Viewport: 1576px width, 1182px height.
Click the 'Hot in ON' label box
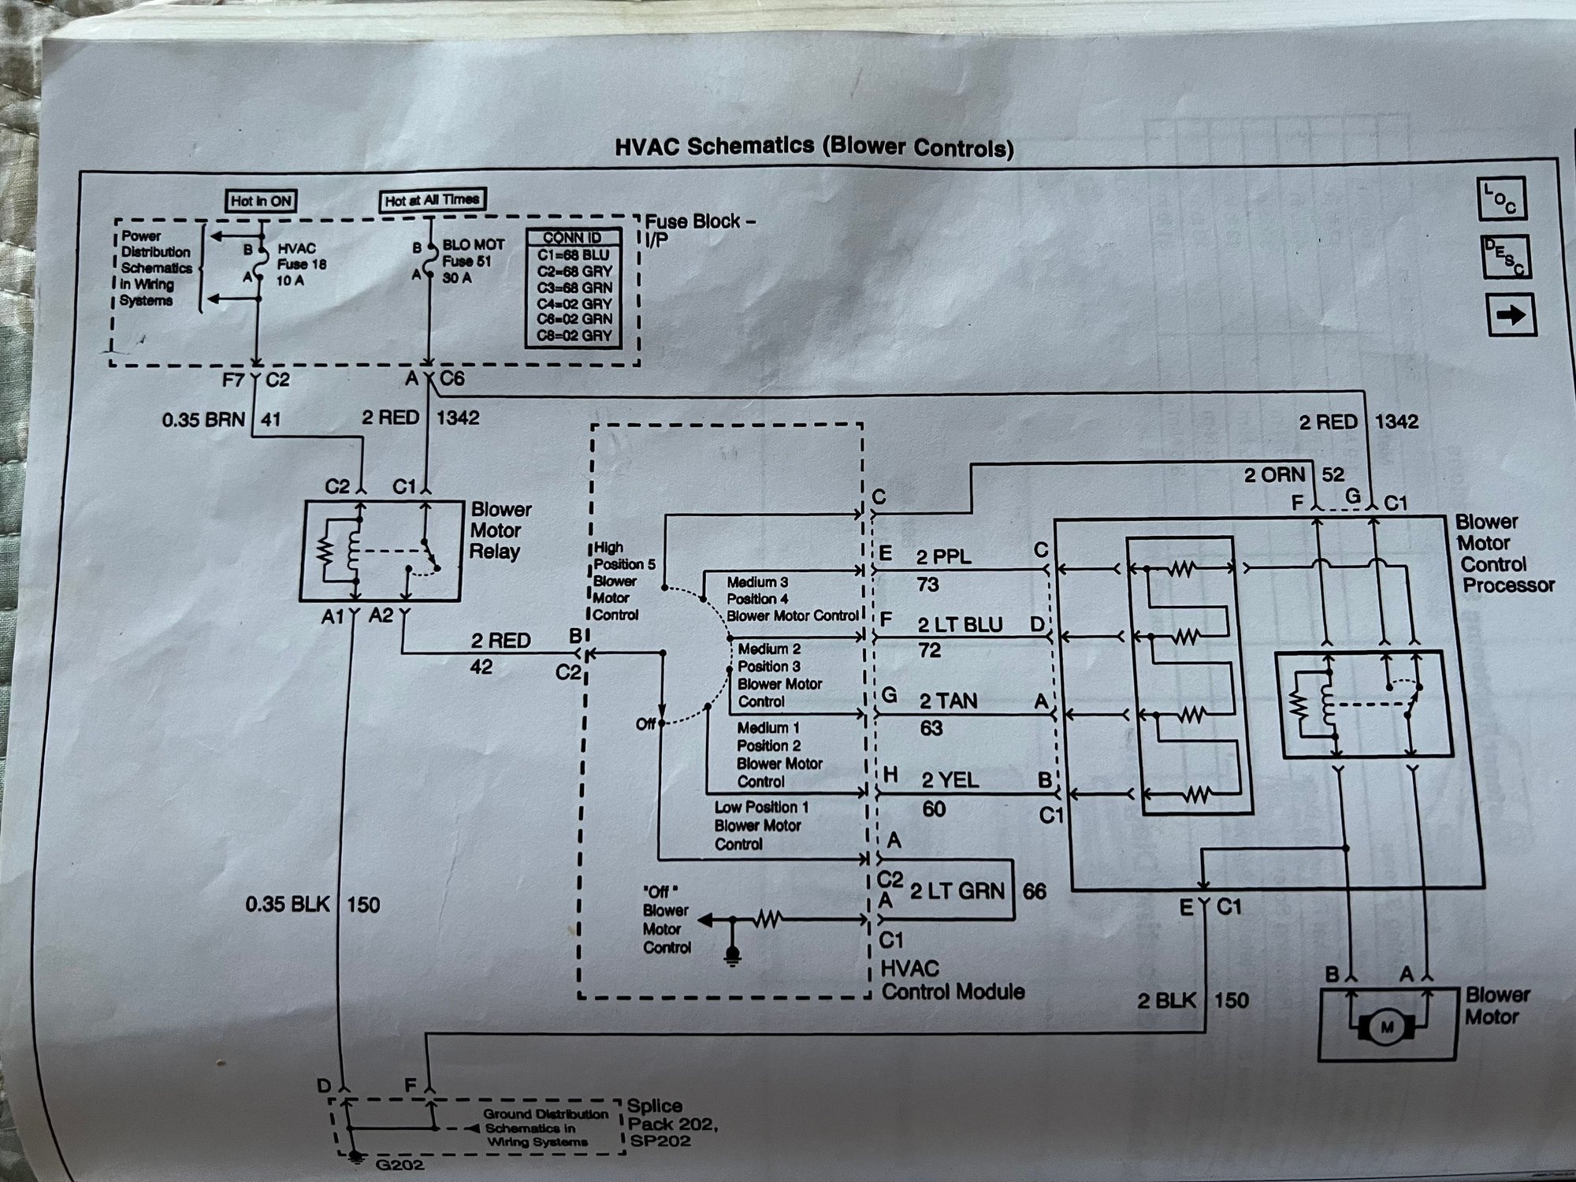[261, 201]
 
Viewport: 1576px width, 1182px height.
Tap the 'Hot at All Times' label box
[432, 200]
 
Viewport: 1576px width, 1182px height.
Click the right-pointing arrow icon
[1510, 315]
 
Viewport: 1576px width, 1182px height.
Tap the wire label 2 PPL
[943, 557]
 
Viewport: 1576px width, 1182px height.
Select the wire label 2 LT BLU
[959, 625]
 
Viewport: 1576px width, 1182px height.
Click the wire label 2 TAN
[948, 701]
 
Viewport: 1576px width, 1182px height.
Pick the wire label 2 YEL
[950, 780]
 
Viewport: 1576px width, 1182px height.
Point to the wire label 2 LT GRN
[957, 891]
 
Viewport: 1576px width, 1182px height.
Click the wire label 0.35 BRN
[204, 420]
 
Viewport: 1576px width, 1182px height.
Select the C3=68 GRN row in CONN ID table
[573, 288]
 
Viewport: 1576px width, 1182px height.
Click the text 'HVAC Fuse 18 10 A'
[301, 264]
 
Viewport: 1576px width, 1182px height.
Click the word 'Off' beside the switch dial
[645, 724]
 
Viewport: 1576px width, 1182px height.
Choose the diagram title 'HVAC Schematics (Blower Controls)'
[812, 147]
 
